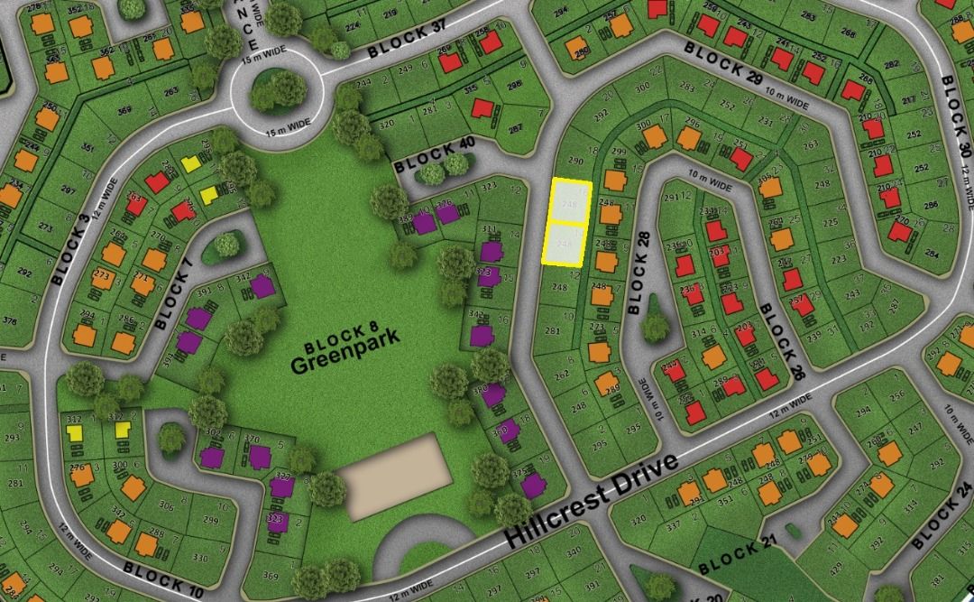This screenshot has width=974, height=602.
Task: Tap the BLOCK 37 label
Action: [408, 41]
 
